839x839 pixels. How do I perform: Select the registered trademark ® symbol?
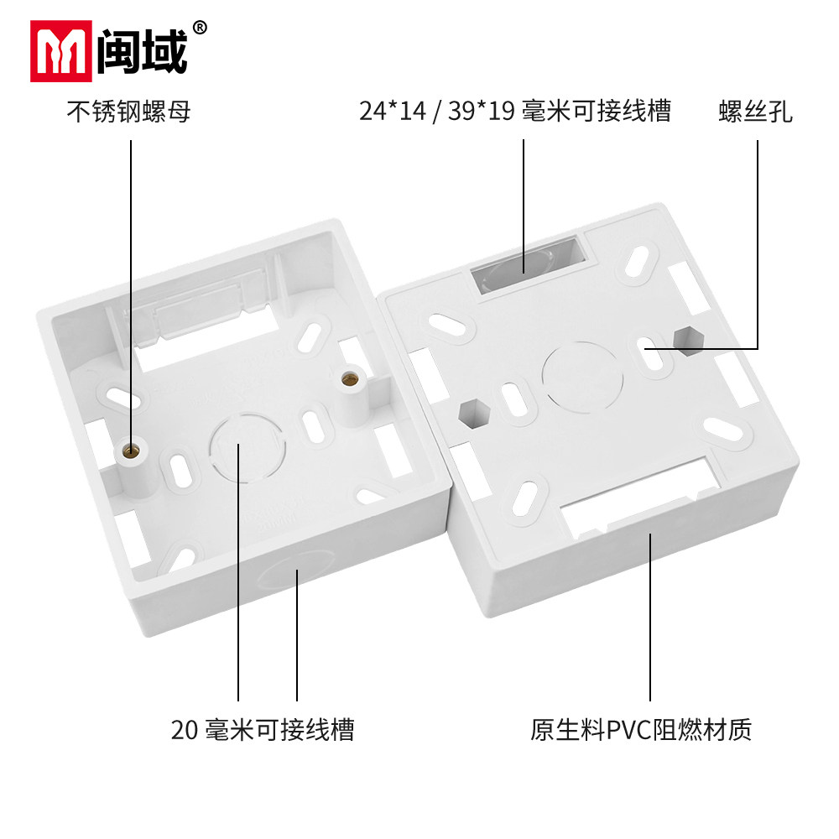click(x=200, y=27)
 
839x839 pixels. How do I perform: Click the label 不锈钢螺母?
click(x=128, y=111)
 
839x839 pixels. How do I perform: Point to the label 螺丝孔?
click(x=755, y=112)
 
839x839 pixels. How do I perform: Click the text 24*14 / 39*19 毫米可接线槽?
click(x=515, y=111)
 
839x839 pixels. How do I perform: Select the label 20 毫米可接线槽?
click(x=263, y=729)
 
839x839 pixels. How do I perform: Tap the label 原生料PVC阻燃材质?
click(x=641, y=729)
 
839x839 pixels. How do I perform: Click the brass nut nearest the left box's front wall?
click(x=130, y=453)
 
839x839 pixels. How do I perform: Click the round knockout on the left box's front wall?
click(x=289, y=578)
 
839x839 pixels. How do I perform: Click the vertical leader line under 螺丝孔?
click(x=758, y=243)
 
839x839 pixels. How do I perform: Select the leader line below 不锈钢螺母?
click(x=131, y=285)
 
